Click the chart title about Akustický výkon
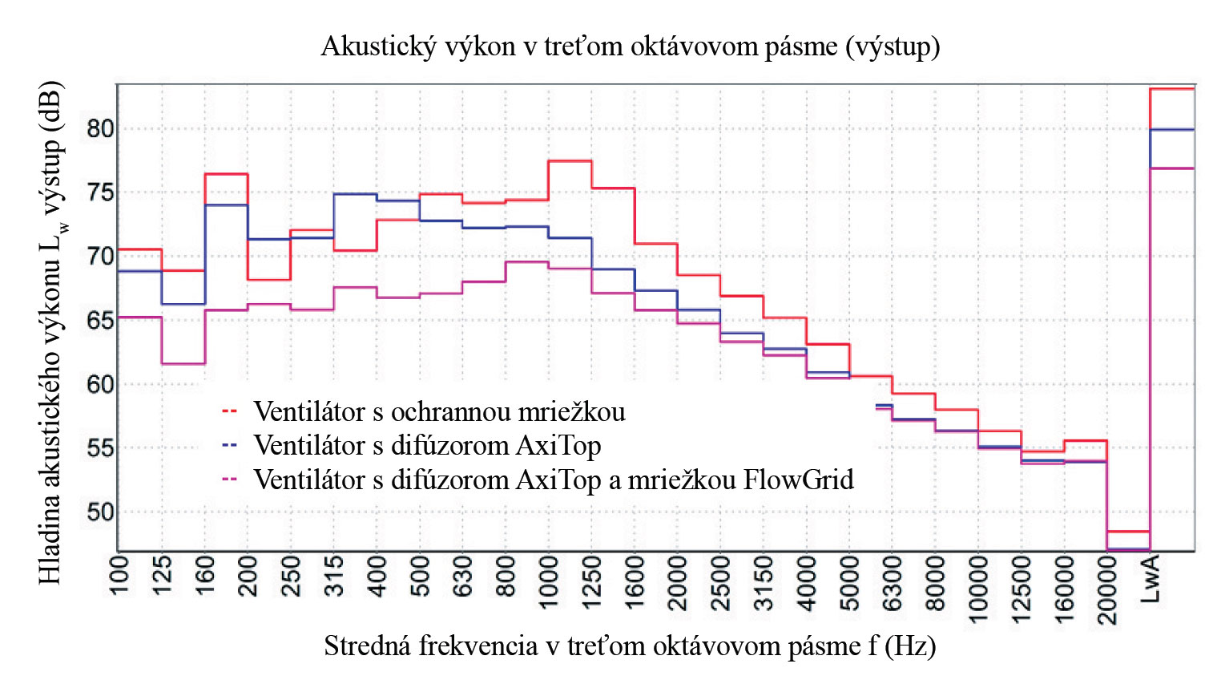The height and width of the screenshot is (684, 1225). click(x=630, y=47)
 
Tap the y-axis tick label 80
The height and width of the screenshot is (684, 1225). click(x=100, y=128)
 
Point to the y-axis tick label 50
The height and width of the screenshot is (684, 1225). click(x=100, y=512)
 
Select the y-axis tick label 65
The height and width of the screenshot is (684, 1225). click(x=100, y=320)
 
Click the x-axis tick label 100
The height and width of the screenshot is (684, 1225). click(x=119, y=575)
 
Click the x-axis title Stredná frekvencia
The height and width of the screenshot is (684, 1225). click(x=630, y=646)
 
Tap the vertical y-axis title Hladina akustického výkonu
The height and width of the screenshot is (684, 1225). click(x=50, y=333)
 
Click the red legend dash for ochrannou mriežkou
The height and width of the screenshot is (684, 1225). click(x=229, y=411)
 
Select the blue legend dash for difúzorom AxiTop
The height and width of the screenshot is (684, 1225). click(x=229, y=445)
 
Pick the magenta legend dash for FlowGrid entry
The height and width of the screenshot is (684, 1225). click(x=229, y=480)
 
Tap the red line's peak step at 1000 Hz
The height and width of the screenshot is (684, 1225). click(x=570, y=161)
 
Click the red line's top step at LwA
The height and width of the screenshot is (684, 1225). click(x=1171, y=89)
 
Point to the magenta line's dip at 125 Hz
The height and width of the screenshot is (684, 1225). click(x=183, y=363)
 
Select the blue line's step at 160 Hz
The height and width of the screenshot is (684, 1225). click(x=226, y=205)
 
